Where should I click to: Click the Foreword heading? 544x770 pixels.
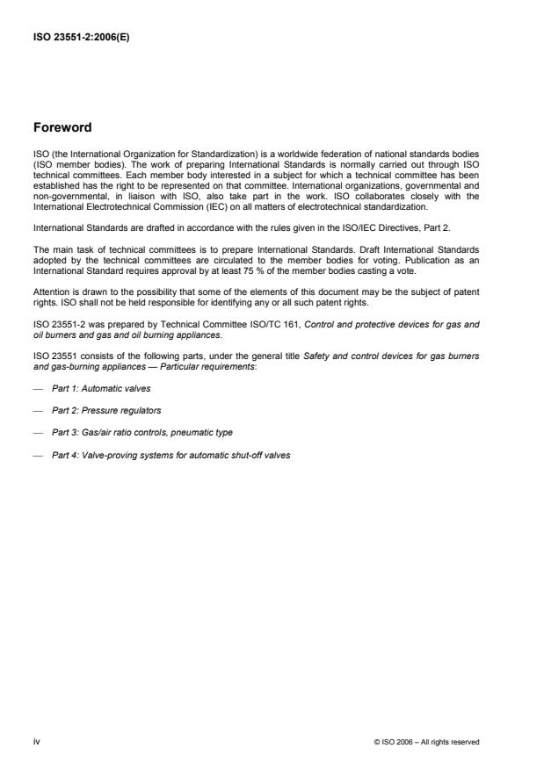(62, 127)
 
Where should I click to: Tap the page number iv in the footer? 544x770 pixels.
(36, 742)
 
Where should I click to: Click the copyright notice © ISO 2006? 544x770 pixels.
(426, 742)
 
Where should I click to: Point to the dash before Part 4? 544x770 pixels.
(37, 455)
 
